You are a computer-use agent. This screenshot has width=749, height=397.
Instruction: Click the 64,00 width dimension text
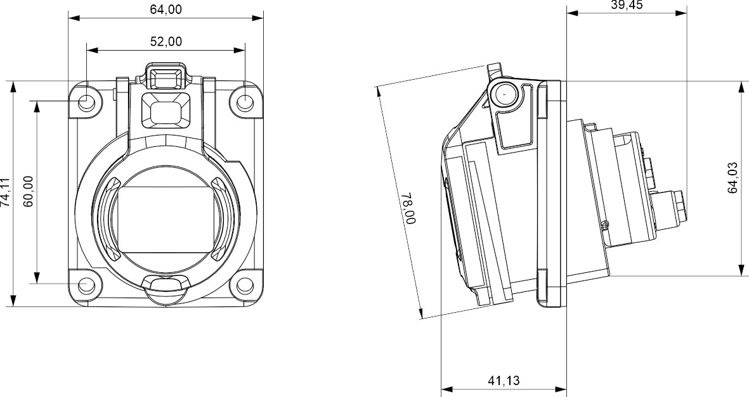pos(165,9)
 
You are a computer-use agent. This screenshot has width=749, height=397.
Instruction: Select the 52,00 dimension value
pos(166,41)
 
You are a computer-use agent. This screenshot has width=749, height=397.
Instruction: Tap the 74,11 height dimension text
pos(5,192)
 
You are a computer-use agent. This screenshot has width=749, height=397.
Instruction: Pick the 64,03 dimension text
pos(734,178)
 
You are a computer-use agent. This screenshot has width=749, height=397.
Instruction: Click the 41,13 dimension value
pos(504,381)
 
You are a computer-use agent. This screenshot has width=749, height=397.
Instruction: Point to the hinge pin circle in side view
pos(505,94)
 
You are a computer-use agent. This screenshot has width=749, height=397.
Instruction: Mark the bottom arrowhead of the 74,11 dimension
pos(13,301)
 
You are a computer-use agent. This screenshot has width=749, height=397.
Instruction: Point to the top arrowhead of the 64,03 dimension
pos(741,86)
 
